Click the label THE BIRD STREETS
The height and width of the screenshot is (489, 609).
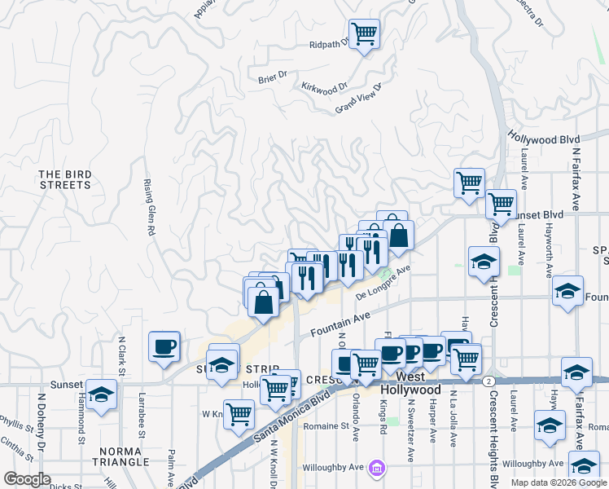click(x=64, y=179)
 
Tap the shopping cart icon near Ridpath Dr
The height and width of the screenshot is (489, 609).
click(x=365, y=34)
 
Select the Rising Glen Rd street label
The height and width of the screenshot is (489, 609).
click(x=149, y=208)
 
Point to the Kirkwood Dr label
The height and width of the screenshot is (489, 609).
click(x=324, y=86)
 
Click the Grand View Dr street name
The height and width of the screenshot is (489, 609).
click(x=358, y=99)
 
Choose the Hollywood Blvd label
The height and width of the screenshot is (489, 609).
click(x=544, y=139)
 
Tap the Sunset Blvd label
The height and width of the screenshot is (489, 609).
click(x=540, y=214)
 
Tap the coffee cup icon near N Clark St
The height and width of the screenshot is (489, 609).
click(x=164, y=346)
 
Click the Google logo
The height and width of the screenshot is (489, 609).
click(x=27, y=479)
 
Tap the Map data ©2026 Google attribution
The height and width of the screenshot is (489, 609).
click(x=559, y=482)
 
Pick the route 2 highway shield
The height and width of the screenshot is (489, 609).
click(x=488, y=381)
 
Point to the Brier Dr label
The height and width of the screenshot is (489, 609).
click(x=272, y=76)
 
